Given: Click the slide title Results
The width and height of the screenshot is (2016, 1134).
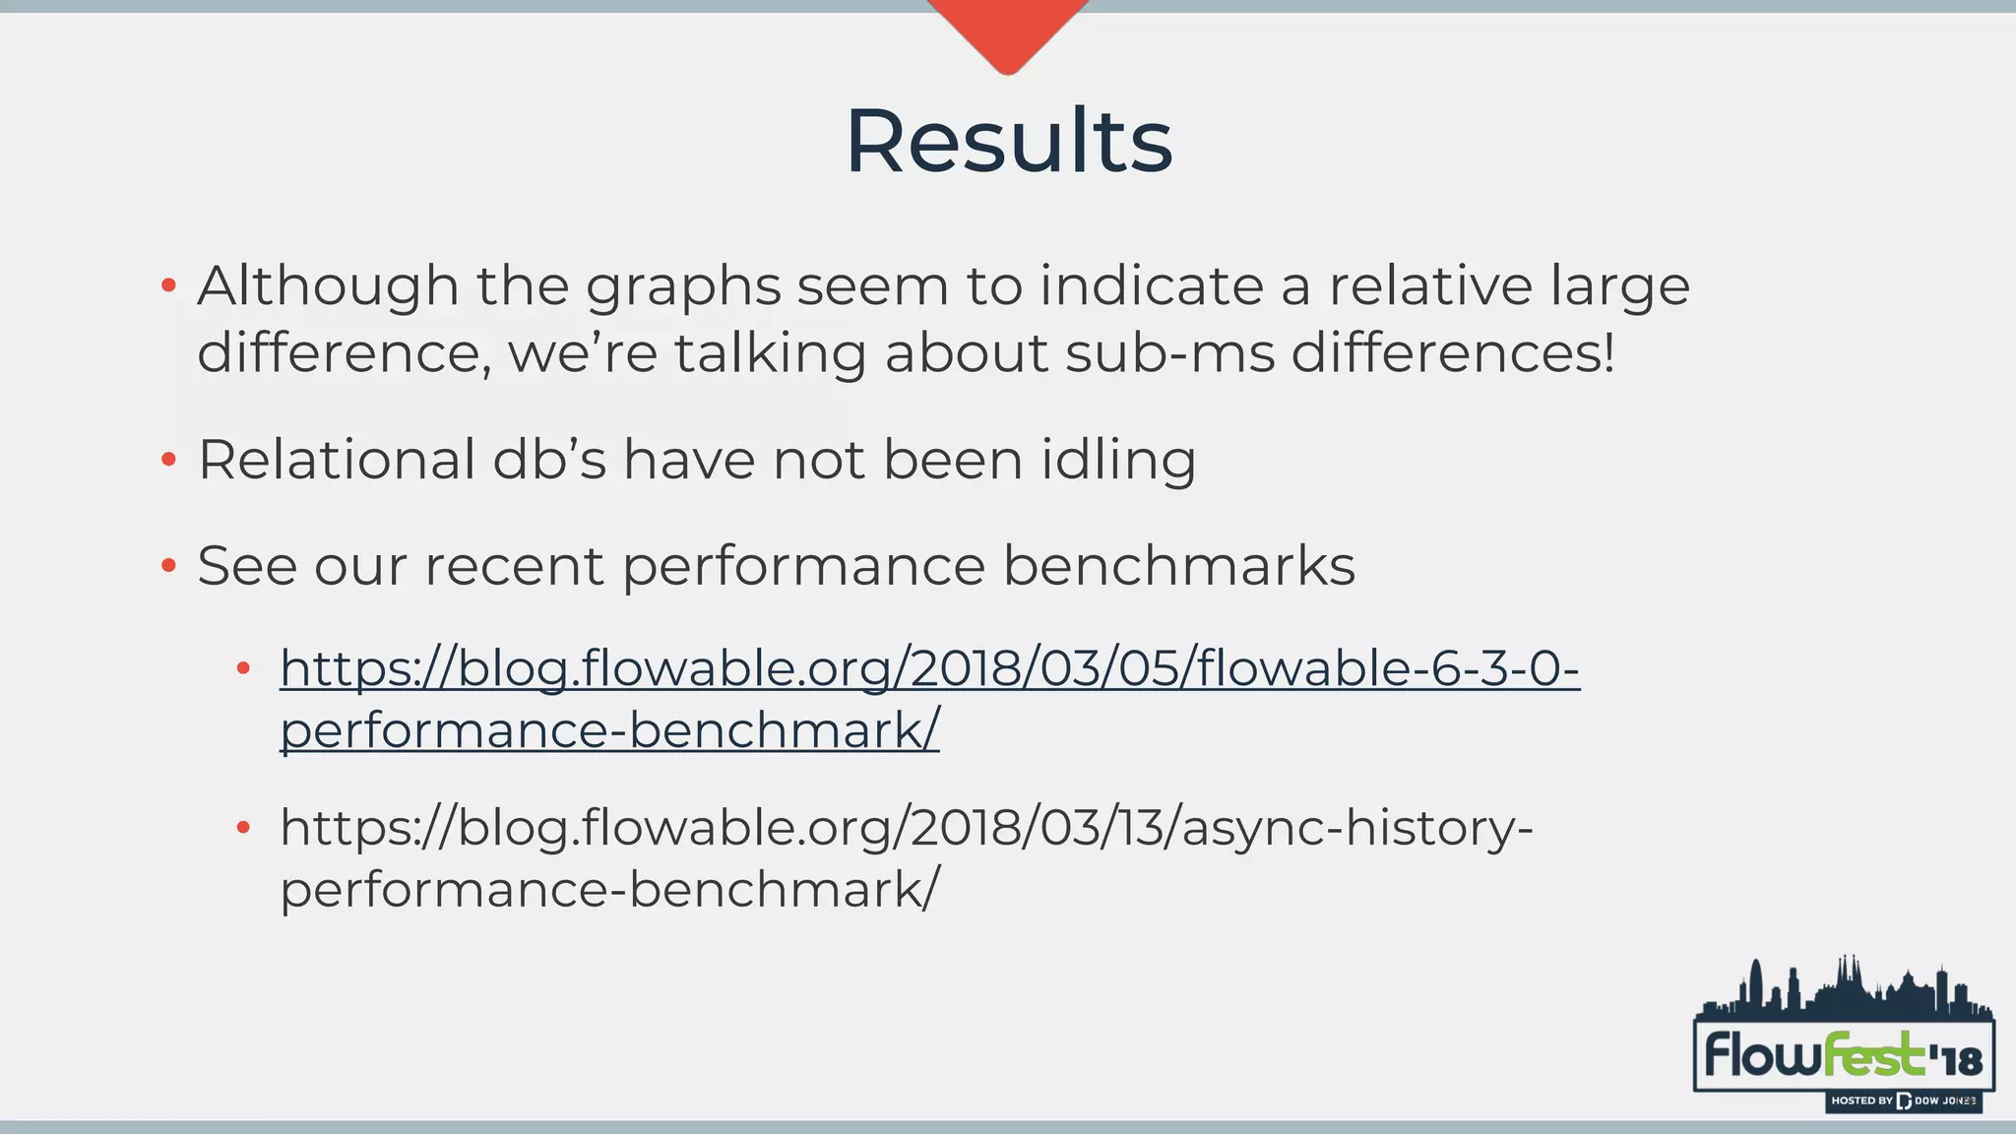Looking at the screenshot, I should pyautogui.click(x=1008, y=142).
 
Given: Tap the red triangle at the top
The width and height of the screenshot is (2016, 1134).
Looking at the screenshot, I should pyautogui.click(x=1007, y=30).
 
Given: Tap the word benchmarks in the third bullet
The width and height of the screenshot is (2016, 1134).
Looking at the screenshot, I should pyautogui.click(x=1178, y=566).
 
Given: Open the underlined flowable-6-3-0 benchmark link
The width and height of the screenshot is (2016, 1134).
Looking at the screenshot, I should pyautogui.click(x=929, y=669).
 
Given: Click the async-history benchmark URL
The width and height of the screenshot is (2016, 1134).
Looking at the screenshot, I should pyautogui.click(x=906, y=828).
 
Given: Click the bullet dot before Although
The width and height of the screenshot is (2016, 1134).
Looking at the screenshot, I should pyautogui.click(x=168, y=286).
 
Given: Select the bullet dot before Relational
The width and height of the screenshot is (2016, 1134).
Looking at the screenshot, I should pyautogui.click(x=168, y=460).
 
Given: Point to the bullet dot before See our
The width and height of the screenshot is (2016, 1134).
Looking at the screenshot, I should pyautogui.click(x=168, y=566).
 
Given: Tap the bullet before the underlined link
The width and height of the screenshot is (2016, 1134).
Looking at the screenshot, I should pyautogui.click(x=244, y=669).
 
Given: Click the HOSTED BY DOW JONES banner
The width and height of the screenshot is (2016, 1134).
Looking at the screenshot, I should pyautogui.click(x=1902, y=1101).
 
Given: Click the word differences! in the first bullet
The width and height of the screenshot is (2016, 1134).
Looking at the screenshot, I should pyautogui.click(x=1452, y=353).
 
